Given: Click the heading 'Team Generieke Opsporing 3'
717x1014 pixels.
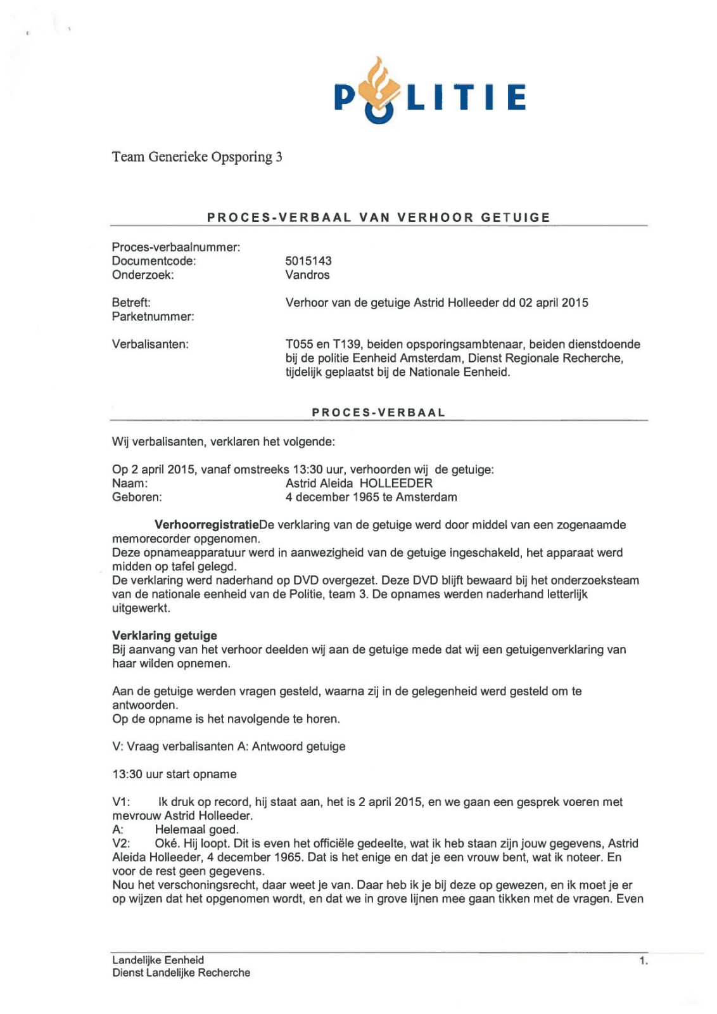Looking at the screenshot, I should tap(197, 157).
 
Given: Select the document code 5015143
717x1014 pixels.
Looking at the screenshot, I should tap(308, 260).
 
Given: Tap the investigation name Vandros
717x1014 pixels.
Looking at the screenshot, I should tap(307, 274).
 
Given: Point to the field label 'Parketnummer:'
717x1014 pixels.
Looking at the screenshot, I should tap(153, 316).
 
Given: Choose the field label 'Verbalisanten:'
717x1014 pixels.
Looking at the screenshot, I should tap(150, 344).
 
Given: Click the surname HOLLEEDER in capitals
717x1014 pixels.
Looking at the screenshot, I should tap(396, 483).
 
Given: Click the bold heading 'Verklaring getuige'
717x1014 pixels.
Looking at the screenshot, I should tap(165, 635).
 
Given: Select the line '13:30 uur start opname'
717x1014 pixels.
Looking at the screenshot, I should tap(174, 774).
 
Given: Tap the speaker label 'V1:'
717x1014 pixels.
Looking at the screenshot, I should tap(121, 802).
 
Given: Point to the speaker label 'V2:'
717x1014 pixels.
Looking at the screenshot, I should tap(121, 844).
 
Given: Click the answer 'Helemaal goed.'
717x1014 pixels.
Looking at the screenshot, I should tap(196, 830).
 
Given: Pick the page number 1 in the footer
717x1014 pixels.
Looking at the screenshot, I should tap(643, 961).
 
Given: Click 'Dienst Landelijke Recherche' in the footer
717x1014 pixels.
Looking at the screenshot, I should tap(181, 973).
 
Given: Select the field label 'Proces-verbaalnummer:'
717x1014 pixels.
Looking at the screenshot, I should tap(176, 247).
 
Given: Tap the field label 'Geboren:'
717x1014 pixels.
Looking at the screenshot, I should tap(137, 497).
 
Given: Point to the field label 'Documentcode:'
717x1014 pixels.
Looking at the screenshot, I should tap(154, 260).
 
